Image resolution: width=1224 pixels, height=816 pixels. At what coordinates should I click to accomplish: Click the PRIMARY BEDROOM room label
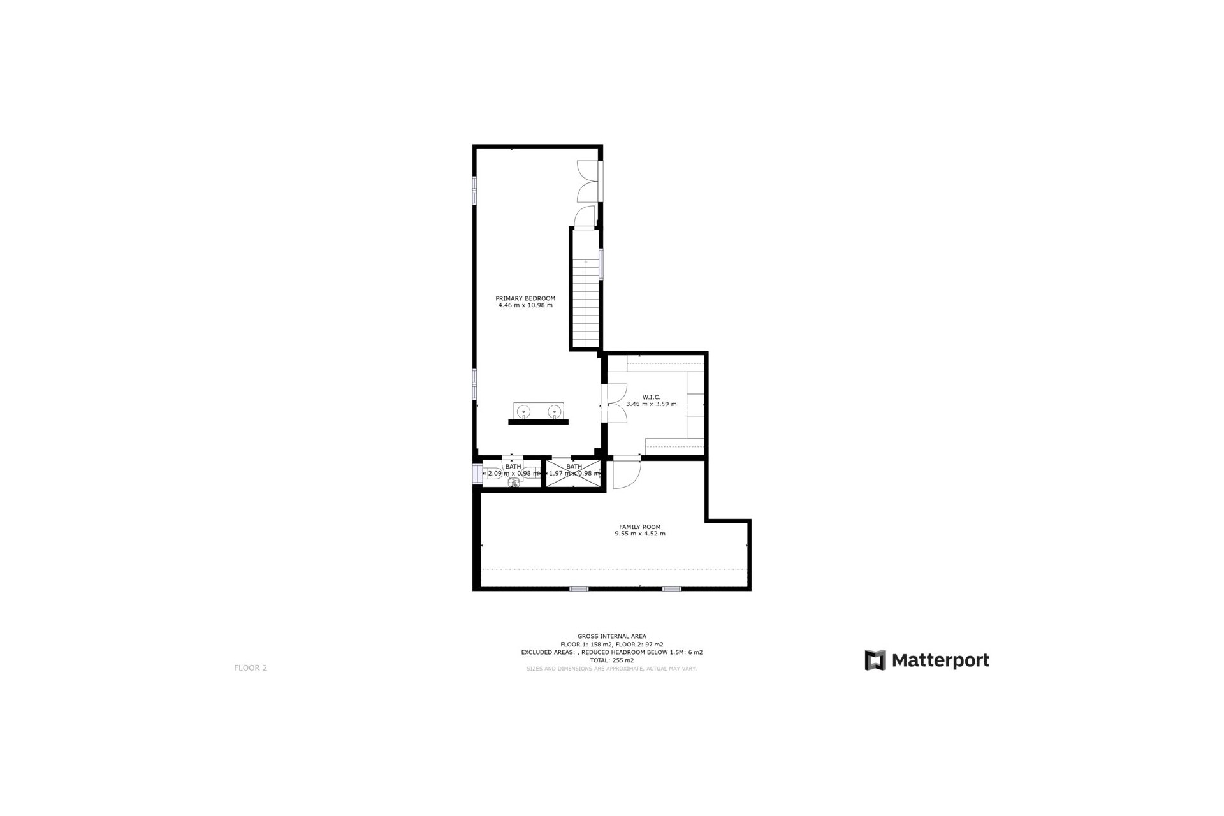(525, 298)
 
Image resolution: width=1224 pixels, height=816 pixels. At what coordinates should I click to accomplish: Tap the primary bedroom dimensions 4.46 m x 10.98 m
(525, 305)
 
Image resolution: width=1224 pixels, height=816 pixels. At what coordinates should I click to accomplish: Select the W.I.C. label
(651, 397)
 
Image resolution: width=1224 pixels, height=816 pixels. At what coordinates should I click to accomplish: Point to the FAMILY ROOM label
(639, 527)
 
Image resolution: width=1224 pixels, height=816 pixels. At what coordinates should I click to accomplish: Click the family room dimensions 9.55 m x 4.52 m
(639, 534)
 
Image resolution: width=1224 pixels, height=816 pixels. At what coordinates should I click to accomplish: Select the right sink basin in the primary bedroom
(553, 411)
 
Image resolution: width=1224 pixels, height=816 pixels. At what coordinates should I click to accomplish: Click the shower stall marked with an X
(574, 474)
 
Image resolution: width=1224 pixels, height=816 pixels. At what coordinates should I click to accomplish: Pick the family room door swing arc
(627, 474)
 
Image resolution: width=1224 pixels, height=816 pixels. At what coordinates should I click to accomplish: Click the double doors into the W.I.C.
(616, 403)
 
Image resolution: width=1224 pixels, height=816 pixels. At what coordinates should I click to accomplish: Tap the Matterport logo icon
(875, 660)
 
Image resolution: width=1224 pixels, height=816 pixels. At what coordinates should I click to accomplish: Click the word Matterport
(940, 660)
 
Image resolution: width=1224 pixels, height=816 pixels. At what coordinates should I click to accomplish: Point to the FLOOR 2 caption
(251, 668)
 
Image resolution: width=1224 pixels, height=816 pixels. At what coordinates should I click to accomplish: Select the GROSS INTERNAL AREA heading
(611, 636)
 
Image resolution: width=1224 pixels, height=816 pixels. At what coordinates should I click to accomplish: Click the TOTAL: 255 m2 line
(611, 660)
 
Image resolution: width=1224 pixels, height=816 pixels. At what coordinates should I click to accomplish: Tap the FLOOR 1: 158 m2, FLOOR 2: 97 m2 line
(611, 645)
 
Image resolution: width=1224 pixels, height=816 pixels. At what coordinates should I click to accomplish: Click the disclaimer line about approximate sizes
(611, 669)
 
